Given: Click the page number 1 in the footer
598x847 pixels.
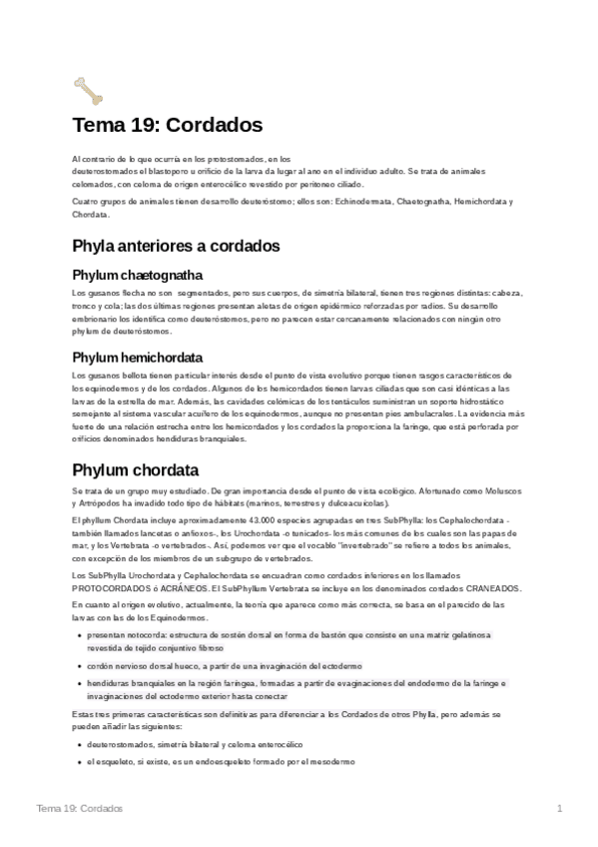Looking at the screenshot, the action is pyautogui.click(x=560, y=807).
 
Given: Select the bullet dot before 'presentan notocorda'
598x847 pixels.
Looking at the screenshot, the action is pyautogui.click(x=79, y=635).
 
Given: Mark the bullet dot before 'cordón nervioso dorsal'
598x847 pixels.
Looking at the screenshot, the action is pyautogui.click(x=79, y=665).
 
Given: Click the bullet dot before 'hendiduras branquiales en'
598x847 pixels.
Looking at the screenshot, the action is pyautogui.click(x=79, y=683).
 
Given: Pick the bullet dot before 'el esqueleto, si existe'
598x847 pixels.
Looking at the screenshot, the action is pyautogui.click(x=79, y=762).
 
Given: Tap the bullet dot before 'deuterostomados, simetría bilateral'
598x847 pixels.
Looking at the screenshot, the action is pyautogui.click(x=79, y=744).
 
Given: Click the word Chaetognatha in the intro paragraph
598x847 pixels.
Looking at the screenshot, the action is pyautogui.click(x=400, y=201).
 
